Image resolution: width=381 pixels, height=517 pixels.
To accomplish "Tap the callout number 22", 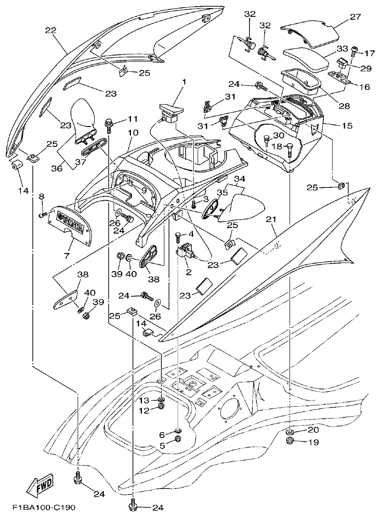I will click(51, 31).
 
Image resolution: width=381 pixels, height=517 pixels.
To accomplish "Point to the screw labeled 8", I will click(41, 215).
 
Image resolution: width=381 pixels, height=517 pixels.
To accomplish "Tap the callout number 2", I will click(188, 273).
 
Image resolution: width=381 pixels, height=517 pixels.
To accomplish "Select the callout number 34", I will click(240, 179).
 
